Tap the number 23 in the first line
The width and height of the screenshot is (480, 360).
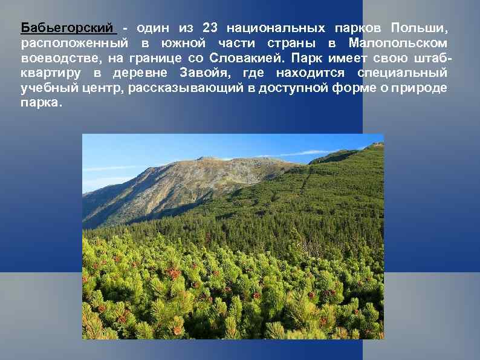click(209, 28)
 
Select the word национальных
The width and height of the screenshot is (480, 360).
click(275, 28)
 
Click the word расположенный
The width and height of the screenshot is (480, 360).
click(74, 44)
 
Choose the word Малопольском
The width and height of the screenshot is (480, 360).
click(398, 44)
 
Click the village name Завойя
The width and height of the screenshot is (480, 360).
click(206, 73)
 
